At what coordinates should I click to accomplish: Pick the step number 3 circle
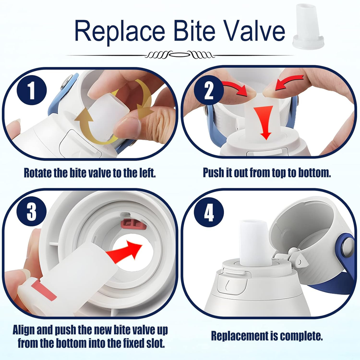pos(31,212)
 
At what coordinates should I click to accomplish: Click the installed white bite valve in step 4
pos(254,243)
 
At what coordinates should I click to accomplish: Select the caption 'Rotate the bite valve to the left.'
pos(90,172)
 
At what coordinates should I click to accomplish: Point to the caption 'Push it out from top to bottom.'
pos(266,172)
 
